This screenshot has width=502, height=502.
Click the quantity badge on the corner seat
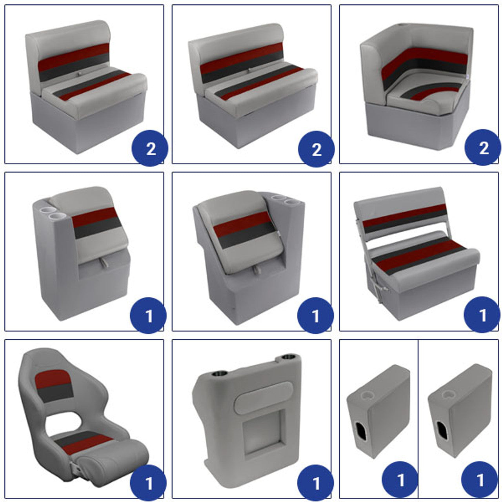pos(482,147)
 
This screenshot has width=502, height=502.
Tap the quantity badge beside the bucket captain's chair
pos(148,483)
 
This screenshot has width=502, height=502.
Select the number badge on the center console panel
pos(315,483)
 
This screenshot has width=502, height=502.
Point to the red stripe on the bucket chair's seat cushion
pos(87,444)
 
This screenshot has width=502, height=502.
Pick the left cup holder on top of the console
pos(219,374)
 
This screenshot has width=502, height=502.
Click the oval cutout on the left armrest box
pos(360,431)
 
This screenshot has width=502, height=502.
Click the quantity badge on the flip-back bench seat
pos(482,315)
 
